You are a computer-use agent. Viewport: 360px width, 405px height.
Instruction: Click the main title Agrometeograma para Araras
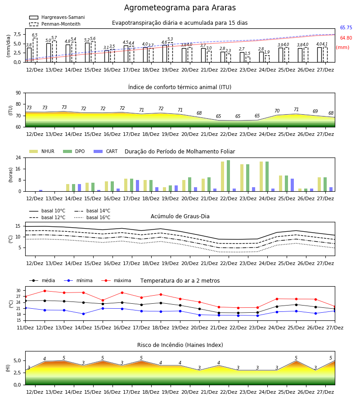(180, 8)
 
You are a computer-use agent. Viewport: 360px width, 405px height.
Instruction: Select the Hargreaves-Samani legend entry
(57, 17)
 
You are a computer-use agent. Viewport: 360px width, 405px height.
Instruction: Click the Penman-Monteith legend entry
(55, 24)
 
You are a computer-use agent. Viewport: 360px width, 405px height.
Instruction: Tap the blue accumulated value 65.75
(346, 27)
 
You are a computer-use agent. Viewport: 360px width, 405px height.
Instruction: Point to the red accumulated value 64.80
(346, 38)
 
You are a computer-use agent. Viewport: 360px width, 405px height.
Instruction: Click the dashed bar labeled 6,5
(35, 50)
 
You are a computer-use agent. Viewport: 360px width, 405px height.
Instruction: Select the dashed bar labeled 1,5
(248, 59)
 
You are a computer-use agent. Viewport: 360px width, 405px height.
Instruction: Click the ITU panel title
(180, 87)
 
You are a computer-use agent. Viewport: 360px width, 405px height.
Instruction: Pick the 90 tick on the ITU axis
(18, 93)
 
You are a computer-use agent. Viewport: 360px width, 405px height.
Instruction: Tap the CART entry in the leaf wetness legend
(106, 151)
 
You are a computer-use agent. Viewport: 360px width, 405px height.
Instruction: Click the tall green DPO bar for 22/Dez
(228, 176)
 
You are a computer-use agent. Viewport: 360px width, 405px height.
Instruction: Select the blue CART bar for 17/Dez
(137, 186)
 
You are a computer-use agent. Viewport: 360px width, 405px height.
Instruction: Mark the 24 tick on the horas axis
(18, 157)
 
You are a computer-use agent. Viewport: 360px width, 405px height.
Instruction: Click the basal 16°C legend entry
(92, 217)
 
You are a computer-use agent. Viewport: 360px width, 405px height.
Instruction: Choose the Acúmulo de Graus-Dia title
(180, 216)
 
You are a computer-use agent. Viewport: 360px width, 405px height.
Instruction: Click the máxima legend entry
(116, 280)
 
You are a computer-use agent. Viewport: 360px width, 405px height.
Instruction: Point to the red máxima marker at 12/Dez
(45, 291)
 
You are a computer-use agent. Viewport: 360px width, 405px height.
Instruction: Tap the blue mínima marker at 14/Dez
(83, 314)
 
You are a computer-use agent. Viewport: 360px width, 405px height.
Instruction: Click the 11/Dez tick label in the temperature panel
(25, 328)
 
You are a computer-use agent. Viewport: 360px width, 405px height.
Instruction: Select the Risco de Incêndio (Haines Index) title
(180, 345)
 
